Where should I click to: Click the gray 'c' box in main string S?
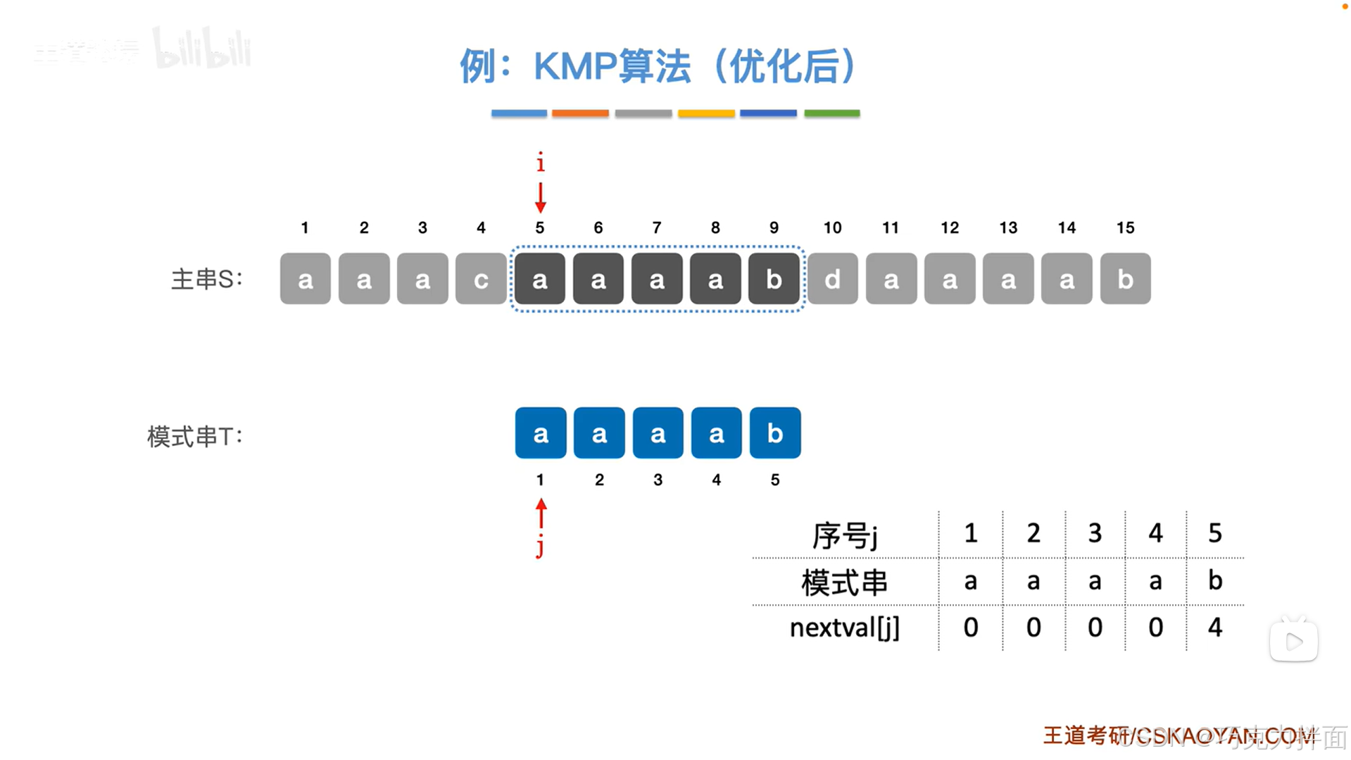click(x=481, y=279)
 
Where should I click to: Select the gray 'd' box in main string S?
click(x=832, y=279)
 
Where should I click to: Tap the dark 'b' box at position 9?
click(x=774, y=279)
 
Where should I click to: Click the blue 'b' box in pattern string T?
click(x=774, y=432)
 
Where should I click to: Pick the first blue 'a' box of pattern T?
click(x=540, y=432)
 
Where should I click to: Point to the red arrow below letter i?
click(x=540, y=197)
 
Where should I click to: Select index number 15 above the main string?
click(x=1125, y=228)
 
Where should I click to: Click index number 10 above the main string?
click(x=832, y=228)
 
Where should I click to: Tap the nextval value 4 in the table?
click(x=1215, y=627)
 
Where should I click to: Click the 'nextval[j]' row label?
click(x=844, y=627)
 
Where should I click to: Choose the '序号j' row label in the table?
click(x=844, y=535)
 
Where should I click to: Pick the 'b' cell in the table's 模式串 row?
click(x=1215, y=580)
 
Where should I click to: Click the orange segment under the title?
click(x=580, y=113)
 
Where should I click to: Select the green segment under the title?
click(x=831, y=113)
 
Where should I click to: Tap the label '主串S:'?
click(x=206, y=279)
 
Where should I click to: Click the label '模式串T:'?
click(x=194, y=436)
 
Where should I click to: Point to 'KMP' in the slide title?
click(x=575, y=67)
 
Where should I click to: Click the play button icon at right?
click(x=1293, y=641)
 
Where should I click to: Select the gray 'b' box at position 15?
click(x=1125, y=279)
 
